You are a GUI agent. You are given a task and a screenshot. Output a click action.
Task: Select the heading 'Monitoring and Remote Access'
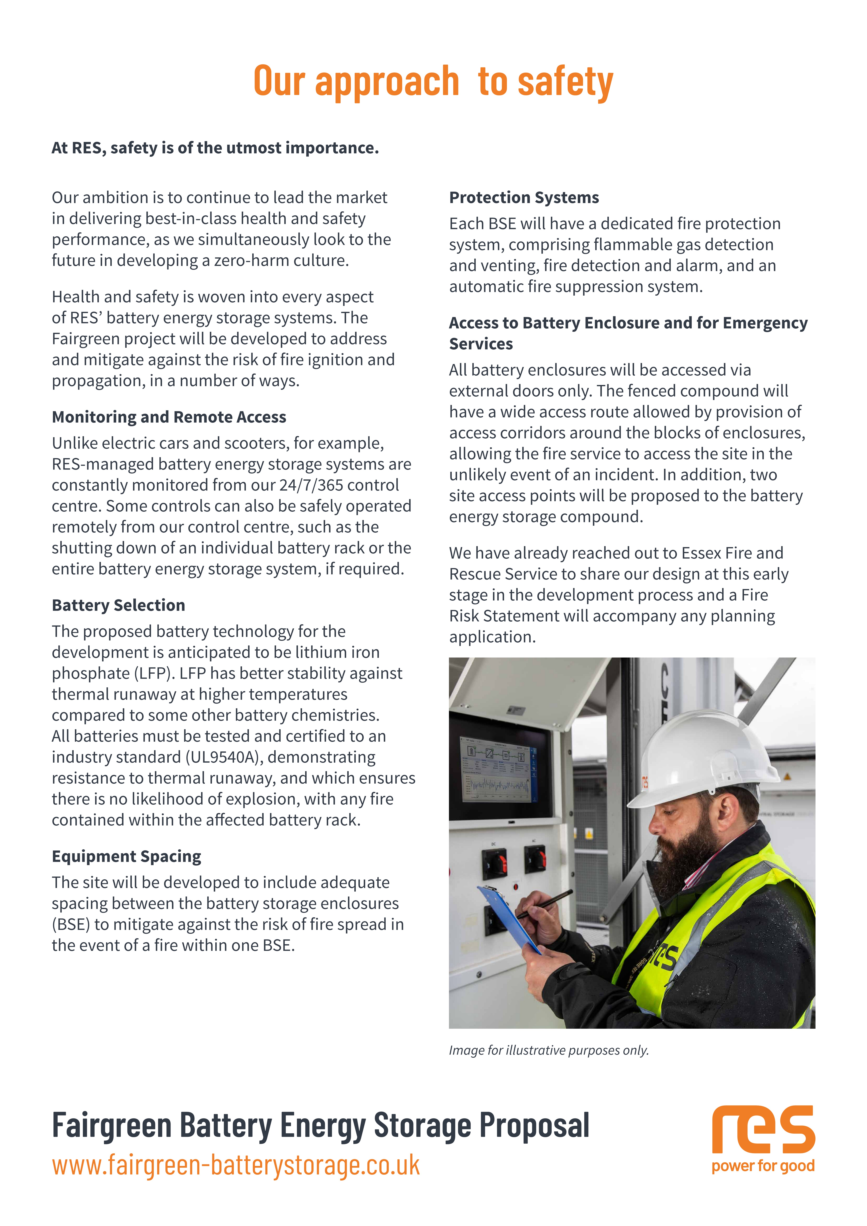169,417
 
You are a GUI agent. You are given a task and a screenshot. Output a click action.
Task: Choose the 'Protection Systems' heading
524,198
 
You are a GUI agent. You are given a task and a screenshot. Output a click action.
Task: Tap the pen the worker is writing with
547,902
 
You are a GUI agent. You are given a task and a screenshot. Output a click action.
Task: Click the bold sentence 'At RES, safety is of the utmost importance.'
215,148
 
